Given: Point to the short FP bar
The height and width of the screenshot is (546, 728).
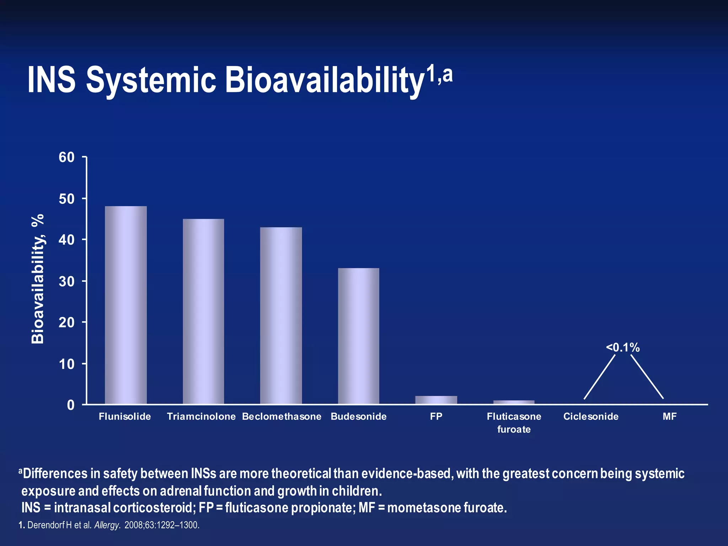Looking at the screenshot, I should click(x=436, y=400).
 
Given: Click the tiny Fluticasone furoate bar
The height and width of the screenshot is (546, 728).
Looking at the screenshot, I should click(x=514, y=402).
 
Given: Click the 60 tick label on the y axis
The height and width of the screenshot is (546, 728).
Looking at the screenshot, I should click(x=66, y=157).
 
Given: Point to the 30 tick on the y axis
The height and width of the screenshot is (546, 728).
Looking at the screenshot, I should click(x=66, y=282).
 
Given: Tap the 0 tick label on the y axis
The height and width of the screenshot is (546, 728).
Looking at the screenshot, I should click(x=71, y=405).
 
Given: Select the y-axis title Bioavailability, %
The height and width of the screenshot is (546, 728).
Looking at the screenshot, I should click(x=38, y=279).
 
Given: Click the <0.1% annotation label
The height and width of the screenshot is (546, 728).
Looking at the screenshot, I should click(x=623, y=347).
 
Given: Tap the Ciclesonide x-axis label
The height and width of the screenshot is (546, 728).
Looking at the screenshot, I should click(x=591, y=416).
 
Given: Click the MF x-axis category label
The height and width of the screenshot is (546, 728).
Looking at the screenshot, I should click(x=669, y=416).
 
